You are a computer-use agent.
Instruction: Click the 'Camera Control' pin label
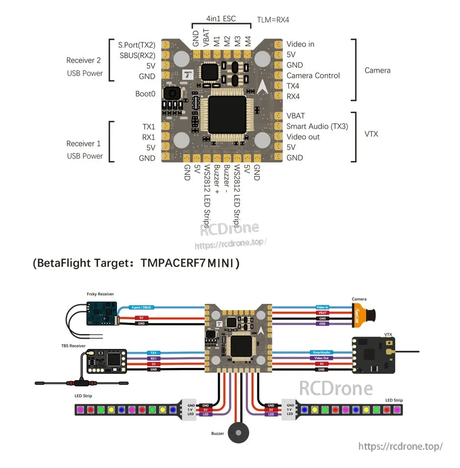[313, 75]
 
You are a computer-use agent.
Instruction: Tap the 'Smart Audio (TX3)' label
[317, 126]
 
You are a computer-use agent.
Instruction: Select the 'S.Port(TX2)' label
[137, 45]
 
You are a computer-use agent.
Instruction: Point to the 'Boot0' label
[145, 94]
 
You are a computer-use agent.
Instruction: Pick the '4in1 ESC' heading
[221, 19]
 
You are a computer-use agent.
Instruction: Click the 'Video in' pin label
[300, 44]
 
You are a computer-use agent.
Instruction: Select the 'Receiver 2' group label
[84, 60]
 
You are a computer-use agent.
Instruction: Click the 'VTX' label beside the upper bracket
[371, 134]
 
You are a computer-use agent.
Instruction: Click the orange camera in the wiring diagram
[363, 313]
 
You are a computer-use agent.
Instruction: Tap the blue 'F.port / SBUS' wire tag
[141, 307]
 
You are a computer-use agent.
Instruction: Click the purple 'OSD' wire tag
[322, 324]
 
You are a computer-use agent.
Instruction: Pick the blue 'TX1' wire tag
[153, 352]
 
